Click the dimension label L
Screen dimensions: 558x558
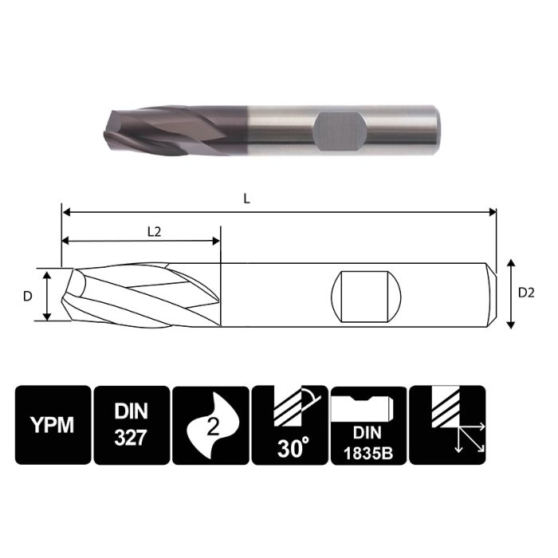pyautogui.click(x=247, y=200)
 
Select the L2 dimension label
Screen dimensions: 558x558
pyautogui.click(x=155, y=231)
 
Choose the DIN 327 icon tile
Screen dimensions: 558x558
pyautogui.click(x=132, y=425)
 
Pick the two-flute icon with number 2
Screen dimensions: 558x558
pyautogui.click(x=210, y=425)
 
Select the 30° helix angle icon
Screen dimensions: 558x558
pyautogui.click(x=289, y=425)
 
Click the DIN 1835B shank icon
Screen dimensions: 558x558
pyautogui.click(x=367, y=425)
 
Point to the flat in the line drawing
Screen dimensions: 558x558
pyautogui.click(x=365, y=294)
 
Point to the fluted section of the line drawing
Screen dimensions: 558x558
pyautogui.click(x=143, y=295)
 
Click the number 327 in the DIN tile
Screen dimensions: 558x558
pyautogui.click(x=132, y=438)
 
